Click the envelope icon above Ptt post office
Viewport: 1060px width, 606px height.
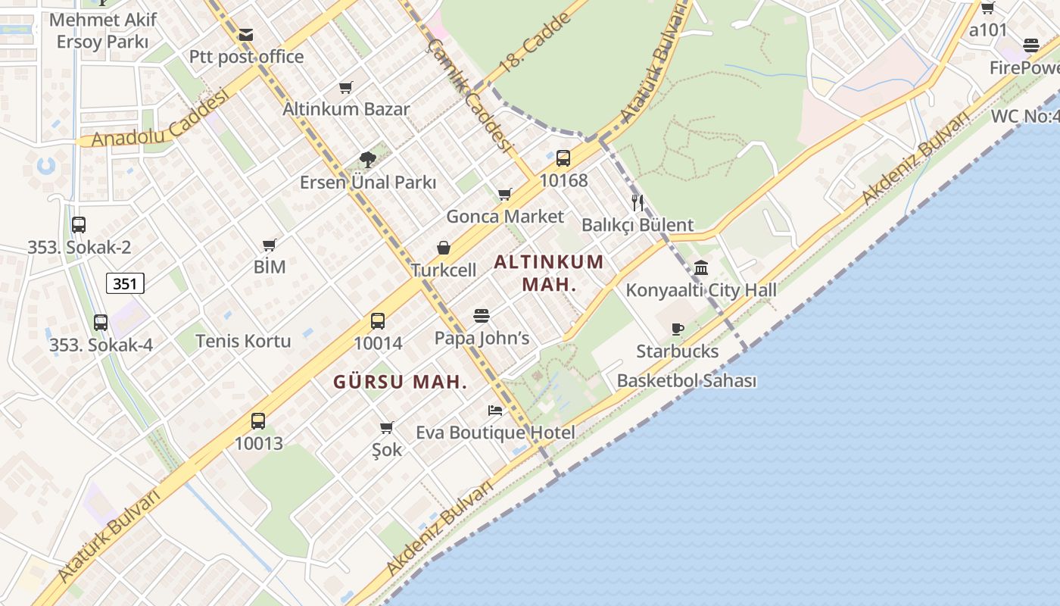tap(245, 35)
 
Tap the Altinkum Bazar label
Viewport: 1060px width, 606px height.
tap(346, 108)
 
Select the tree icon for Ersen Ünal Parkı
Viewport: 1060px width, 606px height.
tap(367, 159)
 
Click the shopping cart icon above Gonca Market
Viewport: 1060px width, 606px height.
tap(505, 195)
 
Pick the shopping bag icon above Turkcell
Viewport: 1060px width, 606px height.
tap(444, 248)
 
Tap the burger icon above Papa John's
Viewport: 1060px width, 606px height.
tap(482, 315)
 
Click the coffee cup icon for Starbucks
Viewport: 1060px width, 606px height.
tap(678, 329)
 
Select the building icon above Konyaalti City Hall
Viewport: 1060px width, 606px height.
tap(701, 267)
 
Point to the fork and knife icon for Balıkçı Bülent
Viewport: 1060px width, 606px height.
tap(638, 202)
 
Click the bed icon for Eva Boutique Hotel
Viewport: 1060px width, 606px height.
tap(495, 411)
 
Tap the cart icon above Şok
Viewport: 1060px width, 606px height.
tap(387, 427)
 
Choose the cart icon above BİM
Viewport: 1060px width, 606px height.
tap(270, 245)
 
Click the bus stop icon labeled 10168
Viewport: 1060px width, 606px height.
tap(563, 158)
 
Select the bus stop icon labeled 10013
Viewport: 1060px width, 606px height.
tap(258, 421)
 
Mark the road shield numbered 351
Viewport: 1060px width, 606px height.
tap(125, 284)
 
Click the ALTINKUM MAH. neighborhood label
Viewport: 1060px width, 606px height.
tap(549, 273)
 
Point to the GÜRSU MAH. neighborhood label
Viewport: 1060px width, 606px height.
tap(400, 383)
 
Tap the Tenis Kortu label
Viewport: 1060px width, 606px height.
tap(243, 341)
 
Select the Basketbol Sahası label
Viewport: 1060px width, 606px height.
tap(687, 380)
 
